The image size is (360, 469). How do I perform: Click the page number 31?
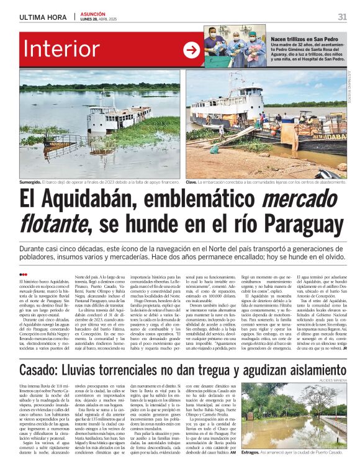[342, 17]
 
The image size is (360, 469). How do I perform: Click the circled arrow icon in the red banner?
[191, 50]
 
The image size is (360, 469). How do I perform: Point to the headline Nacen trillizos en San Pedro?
[304, 38]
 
